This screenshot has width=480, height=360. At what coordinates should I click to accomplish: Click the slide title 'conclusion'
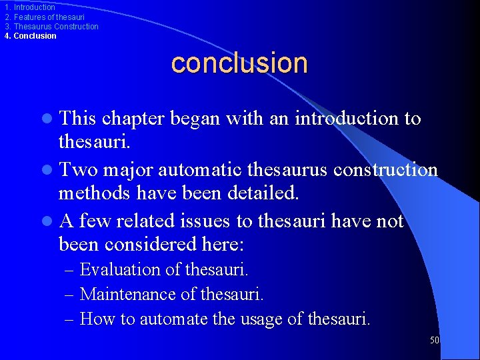coord(239,63)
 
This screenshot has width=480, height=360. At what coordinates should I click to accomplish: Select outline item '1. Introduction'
coord(29,7)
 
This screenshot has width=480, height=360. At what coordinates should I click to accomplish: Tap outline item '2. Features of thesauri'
coord(44,17)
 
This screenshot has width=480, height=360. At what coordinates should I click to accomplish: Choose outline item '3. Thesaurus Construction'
coord(51,27)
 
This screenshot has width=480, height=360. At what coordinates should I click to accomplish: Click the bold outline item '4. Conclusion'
coord(31,36)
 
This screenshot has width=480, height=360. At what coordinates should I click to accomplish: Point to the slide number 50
coord(435,340)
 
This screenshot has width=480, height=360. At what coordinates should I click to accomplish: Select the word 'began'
coord(196,119)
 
